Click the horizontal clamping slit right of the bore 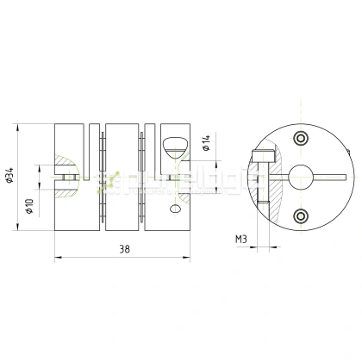pos(332,178)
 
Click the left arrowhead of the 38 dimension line pos(57,256)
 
